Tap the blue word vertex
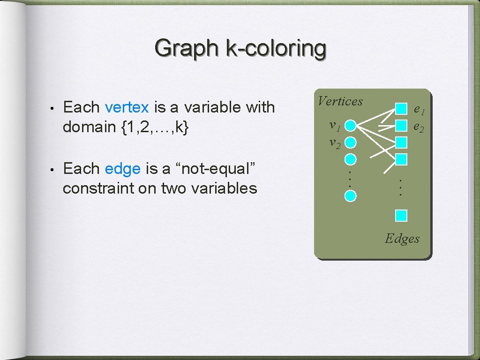127,107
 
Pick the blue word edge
123,168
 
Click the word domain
89,127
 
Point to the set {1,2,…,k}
155,127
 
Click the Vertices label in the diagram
340,101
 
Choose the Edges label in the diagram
402,239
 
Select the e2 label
419,127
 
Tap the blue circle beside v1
351,126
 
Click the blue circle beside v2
351,142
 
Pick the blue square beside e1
401,109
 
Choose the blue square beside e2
401,126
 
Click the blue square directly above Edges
401,216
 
